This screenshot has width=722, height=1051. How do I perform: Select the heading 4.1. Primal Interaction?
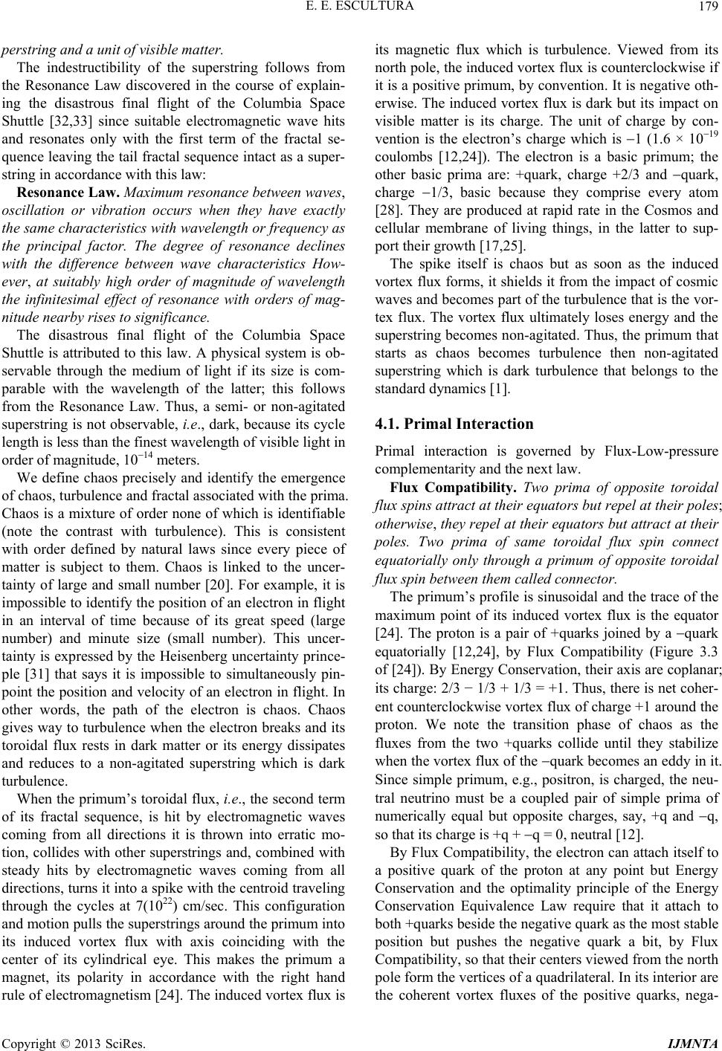click(454, 424)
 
